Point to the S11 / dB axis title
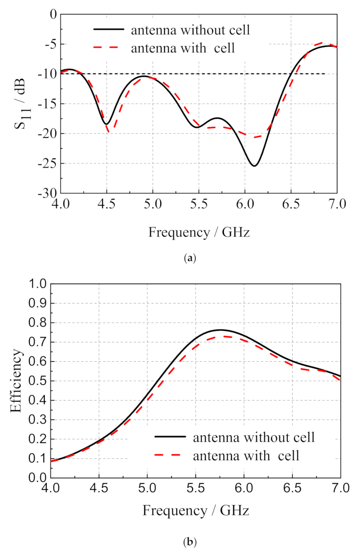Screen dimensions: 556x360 [19, 103]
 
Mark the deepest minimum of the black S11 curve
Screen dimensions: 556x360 [254, 166]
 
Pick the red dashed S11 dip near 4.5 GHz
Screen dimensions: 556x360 [109, 131]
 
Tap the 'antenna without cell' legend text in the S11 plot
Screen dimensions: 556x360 [191, 30]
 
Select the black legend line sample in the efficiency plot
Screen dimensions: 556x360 [170, 437]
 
